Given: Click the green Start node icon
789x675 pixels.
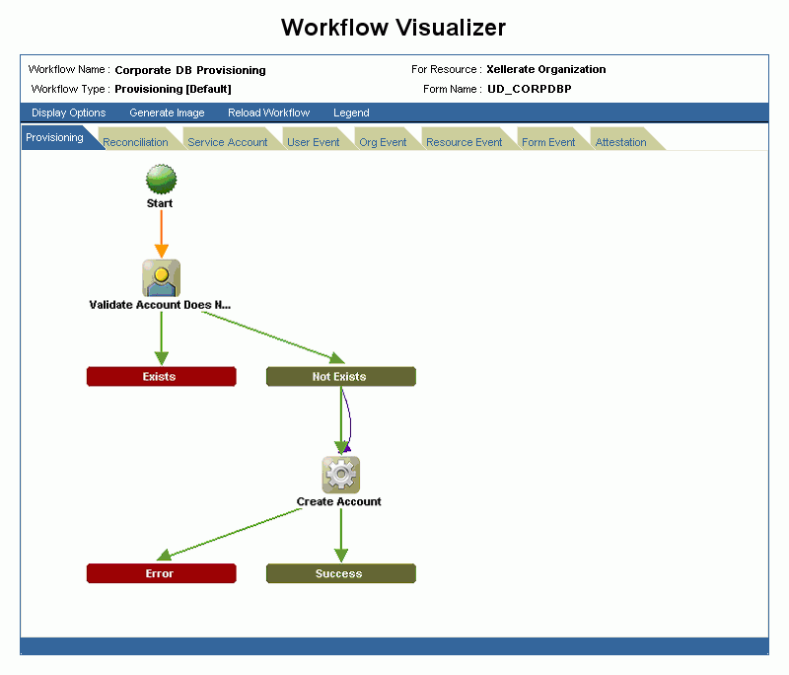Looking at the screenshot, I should click(161, 180).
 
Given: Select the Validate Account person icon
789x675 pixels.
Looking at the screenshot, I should click(161, 278).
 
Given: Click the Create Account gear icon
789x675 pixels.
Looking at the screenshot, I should click(340, 475).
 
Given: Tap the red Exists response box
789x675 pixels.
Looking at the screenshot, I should click(161, 376).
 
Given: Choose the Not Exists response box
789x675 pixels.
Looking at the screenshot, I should click(340, 376).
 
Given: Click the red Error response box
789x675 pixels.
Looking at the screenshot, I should click(161, 573).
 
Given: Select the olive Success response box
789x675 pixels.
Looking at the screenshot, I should click(340, 573).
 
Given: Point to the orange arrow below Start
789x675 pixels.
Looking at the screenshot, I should click(161, 235).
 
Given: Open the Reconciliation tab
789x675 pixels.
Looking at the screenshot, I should click(135, 142).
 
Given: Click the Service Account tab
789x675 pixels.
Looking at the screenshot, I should click(227, 142).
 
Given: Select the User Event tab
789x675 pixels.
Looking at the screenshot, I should click(313, 142).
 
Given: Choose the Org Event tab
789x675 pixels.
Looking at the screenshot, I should click(383, 142).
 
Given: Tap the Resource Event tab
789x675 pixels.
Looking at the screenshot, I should click(464, 142).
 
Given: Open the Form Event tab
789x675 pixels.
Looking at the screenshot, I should click(548, 142).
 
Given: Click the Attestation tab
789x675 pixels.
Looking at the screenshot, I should click(620, 142).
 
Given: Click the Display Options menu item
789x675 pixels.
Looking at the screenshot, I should click(68, 112).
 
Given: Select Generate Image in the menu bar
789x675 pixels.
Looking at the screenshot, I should click(167, 112).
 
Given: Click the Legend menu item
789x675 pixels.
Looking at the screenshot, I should click(351, 112).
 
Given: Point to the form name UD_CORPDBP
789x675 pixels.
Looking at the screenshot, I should click(529, 89).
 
